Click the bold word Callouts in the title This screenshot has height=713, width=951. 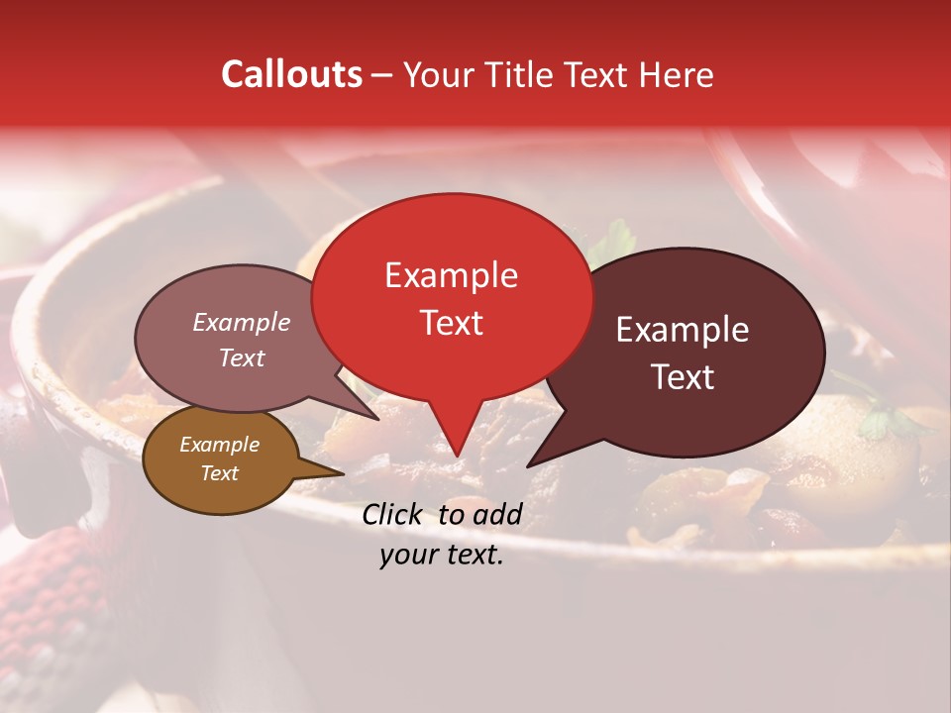(291, 74)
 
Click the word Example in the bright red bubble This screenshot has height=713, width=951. (451, 275)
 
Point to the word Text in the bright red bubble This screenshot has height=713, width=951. (451, 323)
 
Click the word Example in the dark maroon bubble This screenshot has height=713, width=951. (683, 330)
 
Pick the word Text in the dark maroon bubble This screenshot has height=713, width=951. (684, 377)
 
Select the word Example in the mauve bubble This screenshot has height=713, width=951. (241, 322)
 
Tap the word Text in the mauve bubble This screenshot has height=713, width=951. (242, 357)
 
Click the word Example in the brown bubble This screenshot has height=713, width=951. (219, 445)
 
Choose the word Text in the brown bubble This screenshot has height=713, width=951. (219, 473)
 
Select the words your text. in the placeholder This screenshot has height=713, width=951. (441, 556)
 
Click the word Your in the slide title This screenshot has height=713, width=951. (435, 74)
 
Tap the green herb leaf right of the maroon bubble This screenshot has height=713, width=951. (877, 424)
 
